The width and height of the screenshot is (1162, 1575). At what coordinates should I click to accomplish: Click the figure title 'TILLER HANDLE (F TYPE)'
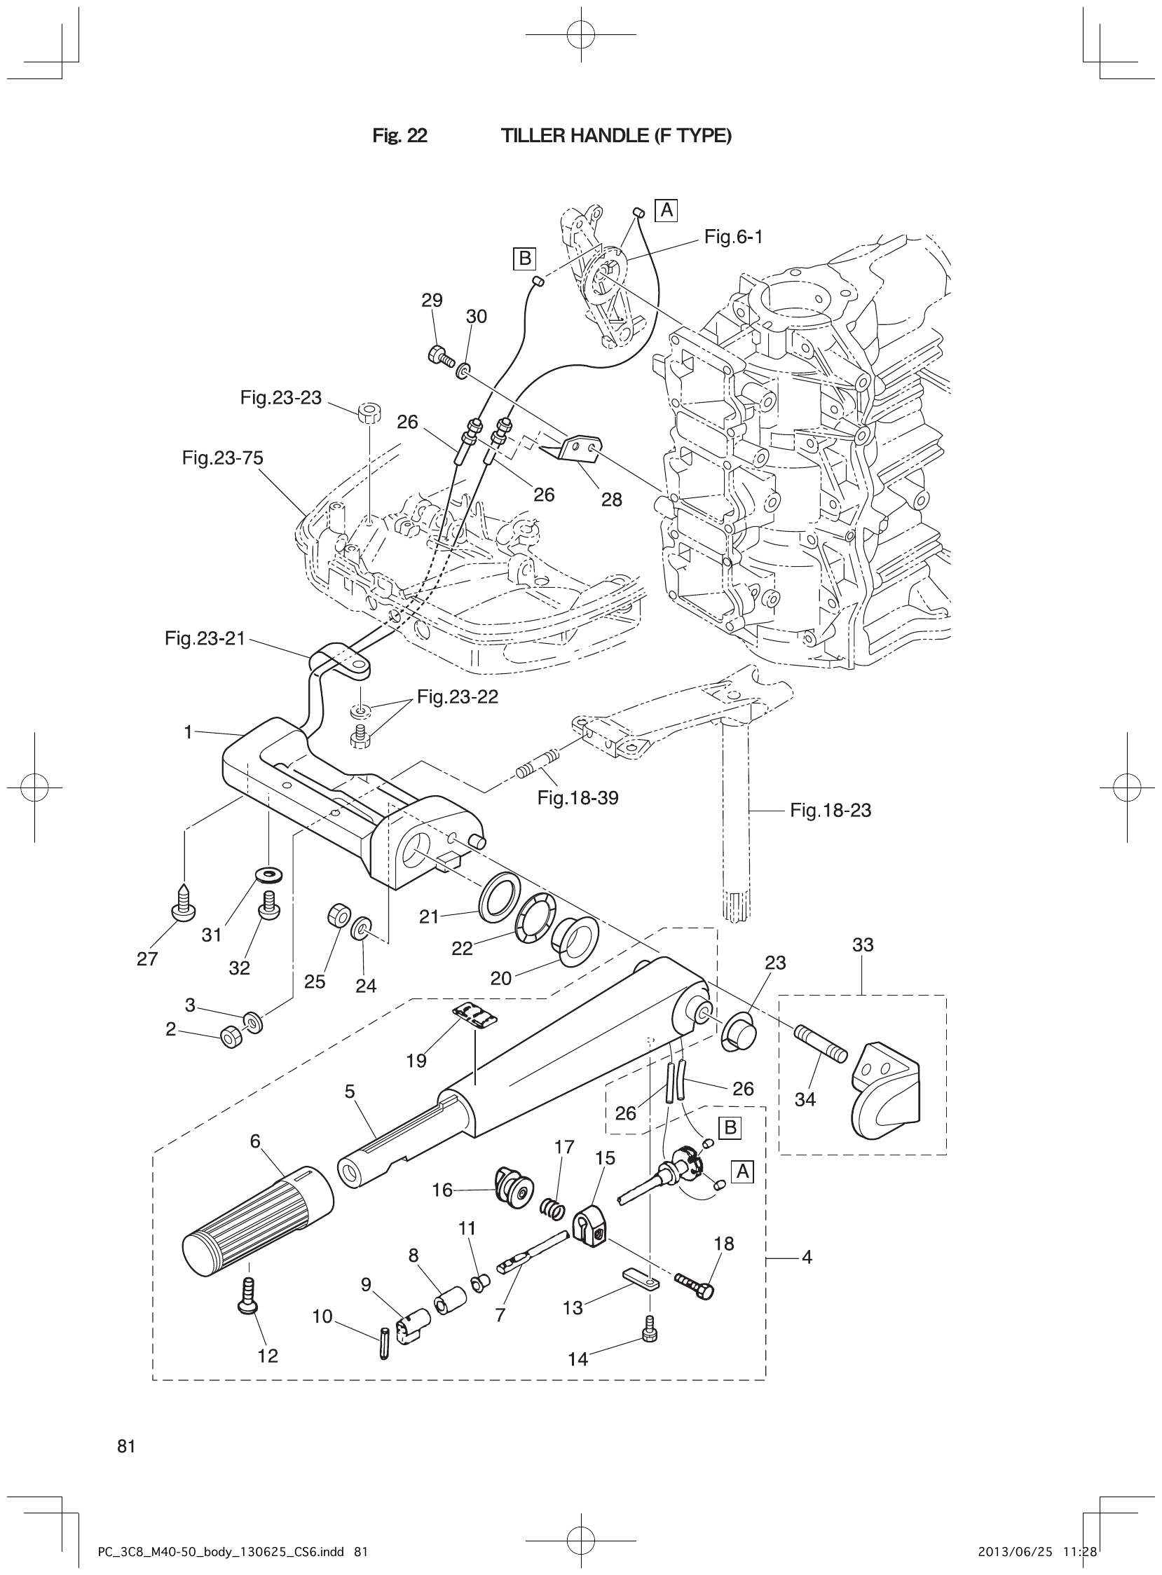[x=615, y=136]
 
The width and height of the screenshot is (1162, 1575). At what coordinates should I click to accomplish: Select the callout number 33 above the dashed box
[x=862, y=945]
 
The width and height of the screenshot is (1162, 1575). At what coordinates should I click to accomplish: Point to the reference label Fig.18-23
[x=830, y=811]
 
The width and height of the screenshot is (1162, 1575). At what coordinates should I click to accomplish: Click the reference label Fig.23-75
[x=222, y=458]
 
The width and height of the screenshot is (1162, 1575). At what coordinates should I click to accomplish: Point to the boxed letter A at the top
[x=665, y=209]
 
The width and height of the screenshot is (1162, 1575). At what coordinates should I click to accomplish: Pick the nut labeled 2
[x=231, y=1036]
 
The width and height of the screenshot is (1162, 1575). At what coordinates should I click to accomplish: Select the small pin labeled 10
[x=383, y=1342]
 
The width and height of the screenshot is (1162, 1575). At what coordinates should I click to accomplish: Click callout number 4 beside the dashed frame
[x=807, y=1257]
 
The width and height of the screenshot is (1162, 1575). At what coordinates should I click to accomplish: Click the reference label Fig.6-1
[x=733, y=238]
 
